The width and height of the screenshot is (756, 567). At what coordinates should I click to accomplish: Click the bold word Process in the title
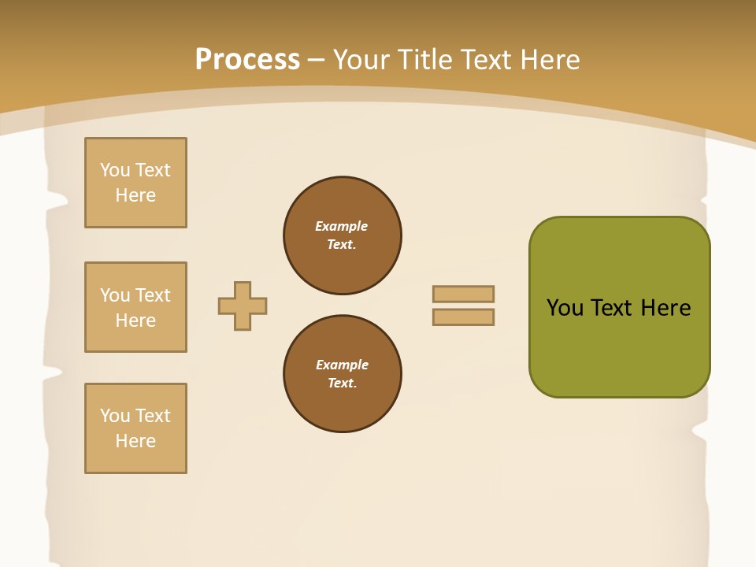click(247, 60)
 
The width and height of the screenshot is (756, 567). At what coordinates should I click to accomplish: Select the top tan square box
click(135, 183)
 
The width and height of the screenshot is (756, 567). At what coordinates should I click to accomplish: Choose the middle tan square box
click(135, 307)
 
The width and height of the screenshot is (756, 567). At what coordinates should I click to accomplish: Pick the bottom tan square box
click(135, 428)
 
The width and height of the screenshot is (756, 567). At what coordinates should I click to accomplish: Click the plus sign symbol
click(243, 306)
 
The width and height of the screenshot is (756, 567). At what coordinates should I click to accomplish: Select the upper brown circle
click(343, 235)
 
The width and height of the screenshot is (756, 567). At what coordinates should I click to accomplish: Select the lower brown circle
click(343, 374)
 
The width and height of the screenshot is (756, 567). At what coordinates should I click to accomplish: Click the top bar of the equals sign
click(463, 294)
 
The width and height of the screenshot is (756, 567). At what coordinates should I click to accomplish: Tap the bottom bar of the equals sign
click(463, 317)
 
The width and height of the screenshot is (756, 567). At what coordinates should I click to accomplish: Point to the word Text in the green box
click(613, 308)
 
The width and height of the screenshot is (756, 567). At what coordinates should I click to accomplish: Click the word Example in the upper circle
click(342, 226)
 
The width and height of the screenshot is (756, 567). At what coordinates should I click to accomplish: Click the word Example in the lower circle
click(342, 365)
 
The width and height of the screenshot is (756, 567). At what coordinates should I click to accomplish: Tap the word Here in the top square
click(135, 195)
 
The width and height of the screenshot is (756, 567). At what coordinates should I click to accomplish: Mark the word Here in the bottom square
click(135, 441)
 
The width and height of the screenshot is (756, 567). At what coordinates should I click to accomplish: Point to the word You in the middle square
click(114, 295)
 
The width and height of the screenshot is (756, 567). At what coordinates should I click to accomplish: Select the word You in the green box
click(565, 308)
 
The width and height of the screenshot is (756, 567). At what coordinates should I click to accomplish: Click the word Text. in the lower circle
click(342, 384)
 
